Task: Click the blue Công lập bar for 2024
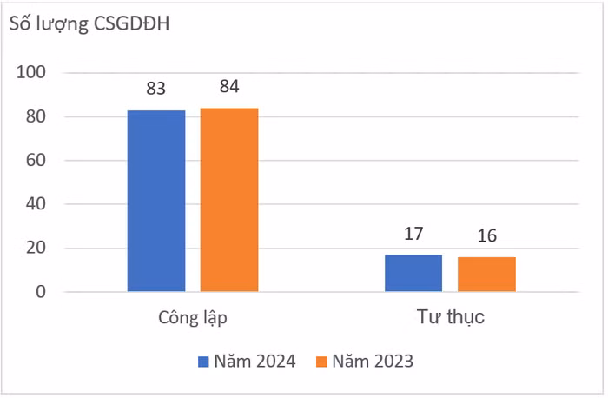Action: [x=156, y=201]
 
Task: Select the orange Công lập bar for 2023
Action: [x=229, y=199]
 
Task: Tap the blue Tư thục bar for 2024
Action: [x=413, y=273]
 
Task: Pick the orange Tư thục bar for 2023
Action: [x=486, y=274]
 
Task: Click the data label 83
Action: [x=156, y=89]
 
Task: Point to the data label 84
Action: [x=229, y=86]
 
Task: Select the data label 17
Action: [x=413, y=234]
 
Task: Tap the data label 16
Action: [x=486, y=236]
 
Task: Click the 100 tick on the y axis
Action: [x=30, y=73]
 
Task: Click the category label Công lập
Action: [x=193, y=318]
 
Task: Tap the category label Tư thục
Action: [x=450, y=318]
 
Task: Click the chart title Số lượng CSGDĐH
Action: [x=89, y=24]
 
